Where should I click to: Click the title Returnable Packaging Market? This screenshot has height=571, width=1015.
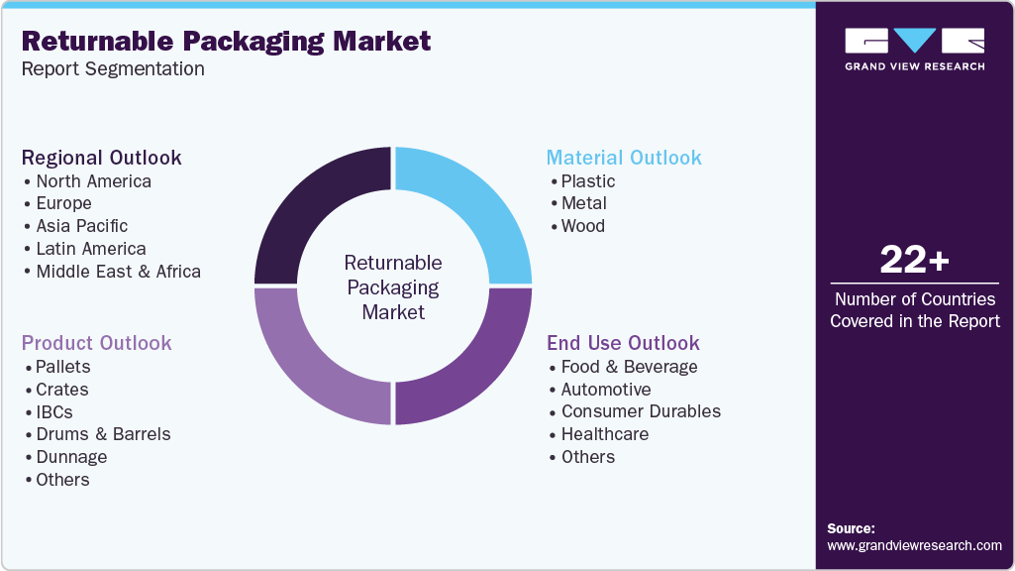[x=226, y=41]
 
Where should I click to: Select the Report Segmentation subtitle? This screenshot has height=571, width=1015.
[x=113, y=69]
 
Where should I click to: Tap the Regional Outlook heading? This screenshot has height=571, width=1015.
[x=101, y=158]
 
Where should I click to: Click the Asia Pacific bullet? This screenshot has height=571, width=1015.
[x=82, y=226]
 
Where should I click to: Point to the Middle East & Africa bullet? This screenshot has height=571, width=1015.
[x=118, y=272]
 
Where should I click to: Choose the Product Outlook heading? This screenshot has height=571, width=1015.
[x=96, y=343]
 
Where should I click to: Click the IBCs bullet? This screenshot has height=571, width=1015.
[x=54, y=412]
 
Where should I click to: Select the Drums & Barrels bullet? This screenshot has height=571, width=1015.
[x=103, y=434]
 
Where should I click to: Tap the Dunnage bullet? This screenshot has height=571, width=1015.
[x=71, y=457]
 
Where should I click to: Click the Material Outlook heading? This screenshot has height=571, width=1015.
[x=624, y=158]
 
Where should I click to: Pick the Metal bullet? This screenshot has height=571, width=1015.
[x=584, y=203]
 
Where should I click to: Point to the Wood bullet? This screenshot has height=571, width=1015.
[x=583, y=226]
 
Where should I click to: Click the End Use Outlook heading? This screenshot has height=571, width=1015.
[x=623, y=343]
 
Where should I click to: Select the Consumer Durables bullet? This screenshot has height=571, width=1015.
[x=641, y=411]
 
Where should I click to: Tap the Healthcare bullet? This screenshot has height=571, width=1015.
[x=605, y=434]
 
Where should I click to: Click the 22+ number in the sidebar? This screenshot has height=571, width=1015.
[x=914, y=261]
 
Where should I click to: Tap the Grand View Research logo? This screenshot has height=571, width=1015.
[x=914, y=49]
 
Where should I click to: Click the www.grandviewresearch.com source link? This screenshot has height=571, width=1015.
[x=914, y=545]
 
